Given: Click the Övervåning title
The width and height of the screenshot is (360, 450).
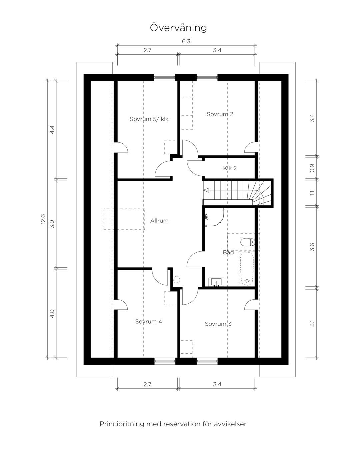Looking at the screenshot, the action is point(178,27).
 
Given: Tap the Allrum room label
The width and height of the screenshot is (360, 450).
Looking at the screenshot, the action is point(159,221).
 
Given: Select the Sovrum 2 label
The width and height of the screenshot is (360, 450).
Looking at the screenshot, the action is point(220,114).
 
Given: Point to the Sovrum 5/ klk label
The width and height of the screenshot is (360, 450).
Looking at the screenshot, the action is point(149,119).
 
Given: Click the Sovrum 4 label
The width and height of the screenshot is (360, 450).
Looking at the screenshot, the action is point(149,321).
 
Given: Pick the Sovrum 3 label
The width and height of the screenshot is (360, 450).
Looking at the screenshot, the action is point(218,324).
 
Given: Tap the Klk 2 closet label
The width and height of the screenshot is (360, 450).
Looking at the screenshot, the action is point(230,168).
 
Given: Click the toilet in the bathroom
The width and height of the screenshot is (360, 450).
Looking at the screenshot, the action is point(247,242).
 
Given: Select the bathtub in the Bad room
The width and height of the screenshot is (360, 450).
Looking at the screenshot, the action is point(247,269).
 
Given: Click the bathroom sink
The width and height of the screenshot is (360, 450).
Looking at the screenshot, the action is point(216,282).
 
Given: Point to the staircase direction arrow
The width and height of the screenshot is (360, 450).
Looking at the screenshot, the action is point(206,190).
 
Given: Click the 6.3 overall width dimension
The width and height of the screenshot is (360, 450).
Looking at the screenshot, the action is point(186,41).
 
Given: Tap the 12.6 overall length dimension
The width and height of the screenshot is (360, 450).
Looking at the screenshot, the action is point(43,219).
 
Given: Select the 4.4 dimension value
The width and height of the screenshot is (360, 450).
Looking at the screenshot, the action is point(52,129).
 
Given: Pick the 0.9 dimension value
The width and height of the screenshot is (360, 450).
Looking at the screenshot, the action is point(312,168).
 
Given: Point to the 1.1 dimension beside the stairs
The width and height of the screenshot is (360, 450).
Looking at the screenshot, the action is point(312,193).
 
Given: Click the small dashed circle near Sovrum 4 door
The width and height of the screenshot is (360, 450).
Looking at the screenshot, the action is point(176,279).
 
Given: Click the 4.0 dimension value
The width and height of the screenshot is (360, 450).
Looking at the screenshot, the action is point(52,314).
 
